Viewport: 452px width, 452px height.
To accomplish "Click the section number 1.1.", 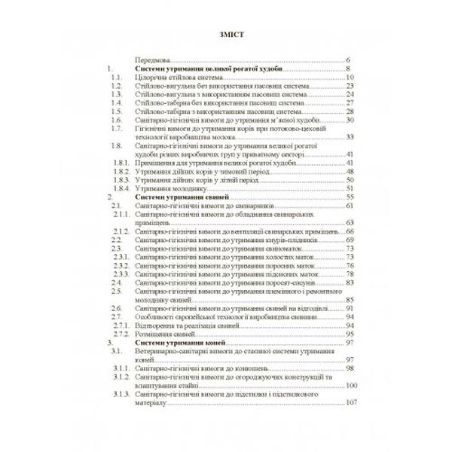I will (115, 77).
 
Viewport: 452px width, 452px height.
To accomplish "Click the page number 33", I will (349, 136).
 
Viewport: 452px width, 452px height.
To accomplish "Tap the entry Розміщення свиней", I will (163, 334).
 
